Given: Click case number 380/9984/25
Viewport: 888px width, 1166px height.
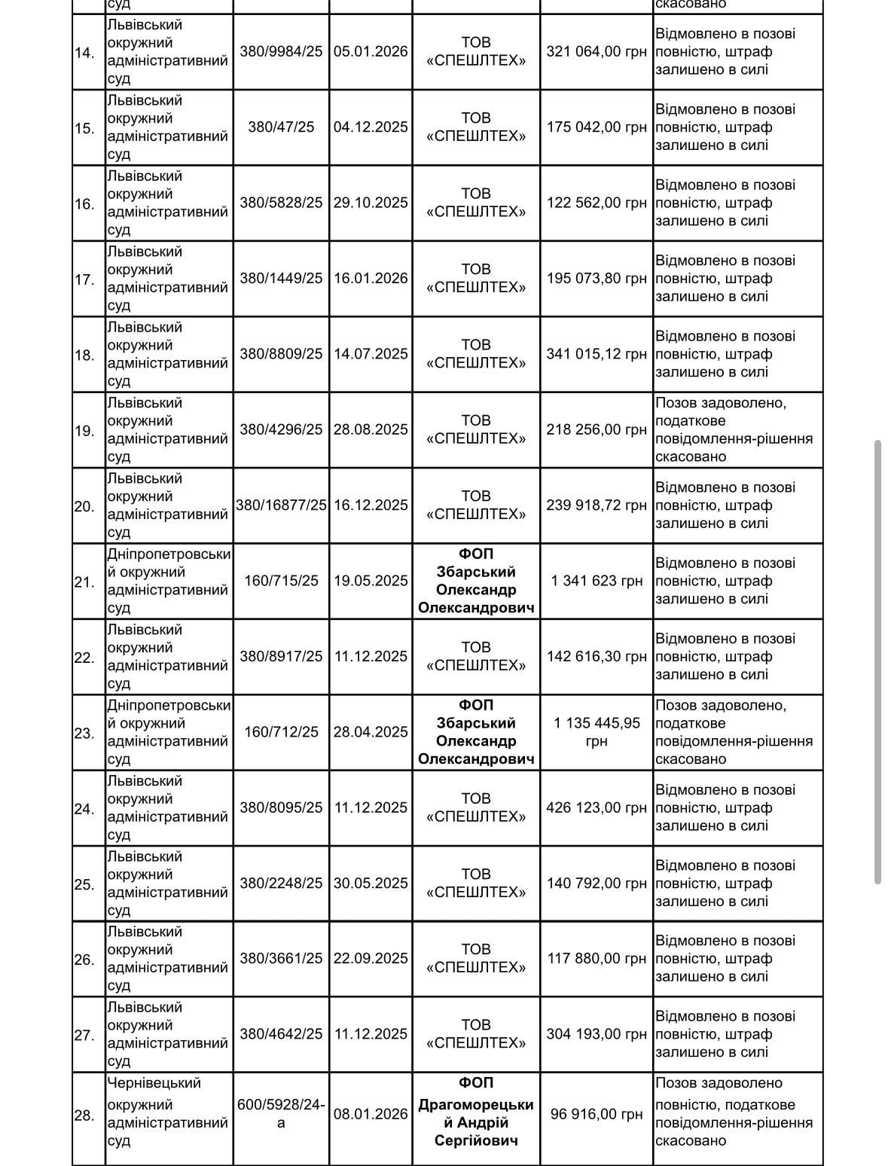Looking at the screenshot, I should click(281, 52).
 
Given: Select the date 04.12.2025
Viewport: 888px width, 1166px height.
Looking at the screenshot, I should click(371, 127).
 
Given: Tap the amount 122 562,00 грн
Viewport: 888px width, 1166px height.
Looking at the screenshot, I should click(597, 203).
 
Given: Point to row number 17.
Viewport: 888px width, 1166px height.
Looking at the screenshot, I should click(84, 279).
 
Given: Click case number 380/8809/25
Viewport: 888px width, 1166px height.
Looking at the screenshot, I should click(281, 354).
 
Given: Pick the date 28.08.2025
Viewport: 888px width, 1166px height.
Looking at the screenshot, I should click(371, 429).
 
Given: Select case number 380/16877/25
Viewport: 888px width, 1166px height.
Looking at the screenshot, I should click(282, 505).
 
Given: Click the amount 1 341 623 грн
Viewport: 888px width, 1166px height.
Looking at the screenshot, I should click(597, 581).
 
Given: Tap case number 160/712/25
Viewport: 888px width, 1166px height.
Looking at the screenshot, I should click(281, 732).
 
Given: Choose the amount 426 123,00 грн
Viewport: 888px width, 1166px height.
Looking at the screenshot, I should click(597, 807).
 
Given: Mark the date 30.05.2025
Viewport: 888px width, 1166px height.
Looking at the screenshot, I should click(371, 883).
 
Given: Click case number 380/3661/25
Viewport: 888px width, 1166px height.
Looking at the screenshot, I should click(281, 958).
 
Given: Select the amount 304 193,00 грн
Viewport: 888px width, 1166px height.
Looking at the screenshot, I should click(597, 1034).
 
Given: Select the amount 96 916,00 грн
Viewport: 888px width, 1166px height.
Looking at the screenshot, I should click(597, 1114).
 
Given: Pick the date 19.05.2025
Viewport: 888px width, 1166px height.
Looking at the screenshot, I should click(371, 581).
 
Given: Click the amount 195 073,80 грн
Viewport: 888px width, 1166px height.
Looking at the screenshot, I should click(597, 279).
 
